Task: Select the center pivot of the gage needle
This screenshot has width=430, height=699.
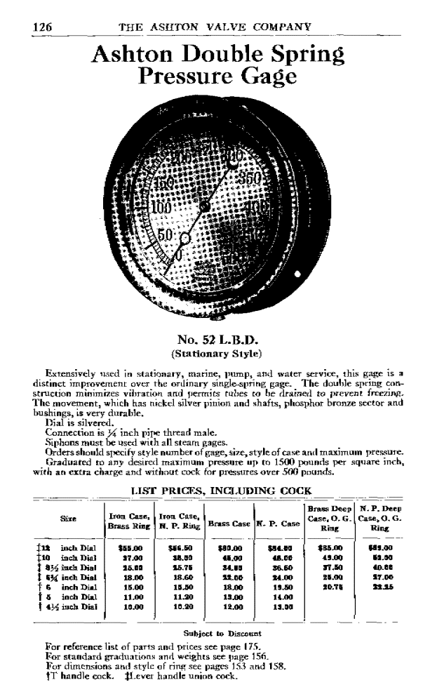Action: pyautogui.click(x=205, y=207)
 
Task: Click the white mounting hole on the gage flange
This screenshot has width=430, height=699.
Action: pyautogui.click(x=297, y=273)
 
